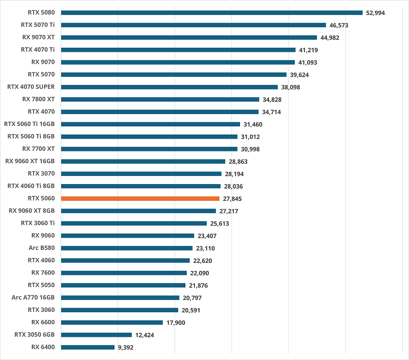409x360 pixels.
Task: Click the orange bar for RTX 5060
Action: (140, 199)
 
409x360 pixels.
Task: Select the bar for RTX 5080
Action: (212, 13)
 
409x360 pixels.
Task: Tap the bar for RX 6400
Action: (88, 347)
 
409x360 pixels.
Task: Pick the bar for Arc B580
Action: (127, 248)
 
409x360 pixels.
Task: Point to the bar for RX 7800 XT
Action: (160, 99)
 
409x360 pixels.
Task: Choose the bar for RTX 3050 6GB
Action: (96, 335)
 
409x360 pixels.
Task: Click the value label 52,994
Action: (375, 13)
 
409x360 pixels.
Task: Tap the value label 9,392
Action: (126, 347)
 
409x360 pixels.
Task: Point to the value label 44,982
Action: (330, 37)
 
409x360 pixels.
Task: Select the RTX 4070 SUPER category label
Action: (31, 87)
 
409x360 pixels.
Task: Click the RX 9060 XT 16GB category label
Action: (30, 161)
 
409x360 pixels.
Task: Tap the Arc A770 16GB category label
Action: (33, 298)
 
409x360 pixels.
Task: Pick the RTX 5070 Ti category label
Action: (38, 25)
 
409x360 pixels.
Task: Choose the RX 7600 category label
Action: (43, 273)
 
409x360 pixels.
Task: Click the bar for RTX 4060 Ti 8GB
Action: (140, 186)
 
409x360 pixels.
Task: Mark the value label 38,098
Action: (291, 87)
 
